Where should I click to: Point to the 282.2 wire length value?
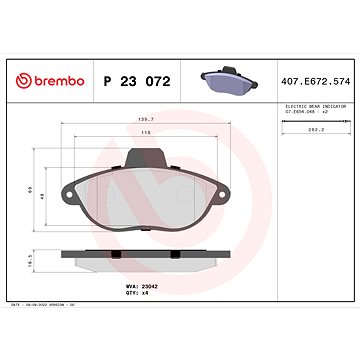318,129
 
